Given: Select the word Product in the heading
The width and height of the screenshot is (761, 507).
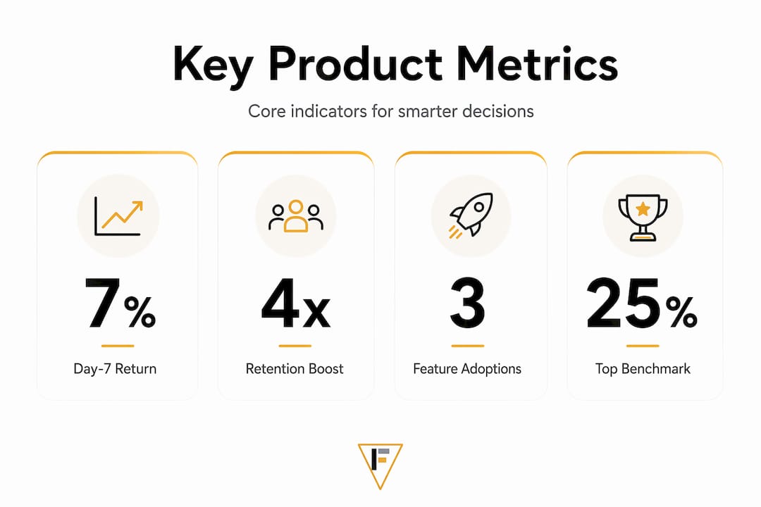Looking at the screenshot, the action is (355, 63).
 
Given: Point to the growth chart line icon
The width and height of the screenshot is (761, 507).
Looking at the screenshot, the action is (118, 216).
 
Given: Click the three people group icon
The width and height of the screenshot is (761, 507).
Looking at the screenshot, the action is (295, 216).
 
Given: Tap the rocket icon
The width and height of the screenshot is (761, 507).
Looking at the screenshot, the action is (471, 215).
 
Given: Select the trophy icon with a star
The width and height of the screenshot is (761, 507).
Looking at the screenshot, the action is (643, 218).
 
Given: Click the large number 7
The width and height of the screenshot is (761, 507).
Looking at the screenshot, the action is (102, 303).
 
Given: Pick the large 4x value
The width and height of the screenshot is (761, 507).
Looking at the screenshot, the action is (295, 303).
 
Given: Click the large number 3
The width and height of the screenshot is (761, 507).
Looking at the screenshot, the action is (467, 303).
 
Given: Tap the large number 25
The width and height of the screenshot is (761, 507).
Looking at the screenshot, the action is (623, 303).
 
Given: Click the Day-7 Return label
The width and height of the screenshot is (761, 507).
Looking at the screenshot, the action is (115, 369).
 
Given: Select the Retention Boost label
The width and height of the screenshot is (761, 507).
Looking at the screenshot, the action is (295, 369).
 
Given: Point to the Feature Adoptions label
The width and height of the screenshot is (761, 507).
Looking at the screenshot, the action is (467, 369).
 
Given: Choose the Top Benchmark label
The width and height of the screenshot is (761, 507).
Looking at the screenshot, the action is (643, 369).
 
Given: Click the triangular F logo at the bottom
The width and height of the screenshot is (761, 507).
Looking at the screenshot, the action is (380, 465).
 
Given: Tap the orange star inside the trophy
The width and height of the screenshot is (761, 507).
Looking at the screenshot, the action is (643, 209).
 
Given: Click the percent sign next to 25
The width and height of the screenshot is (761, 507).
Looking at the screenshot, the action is (681, 313).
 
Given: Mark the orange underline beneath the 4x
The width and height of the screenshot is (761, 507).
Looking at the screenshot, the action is (295, 346).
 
